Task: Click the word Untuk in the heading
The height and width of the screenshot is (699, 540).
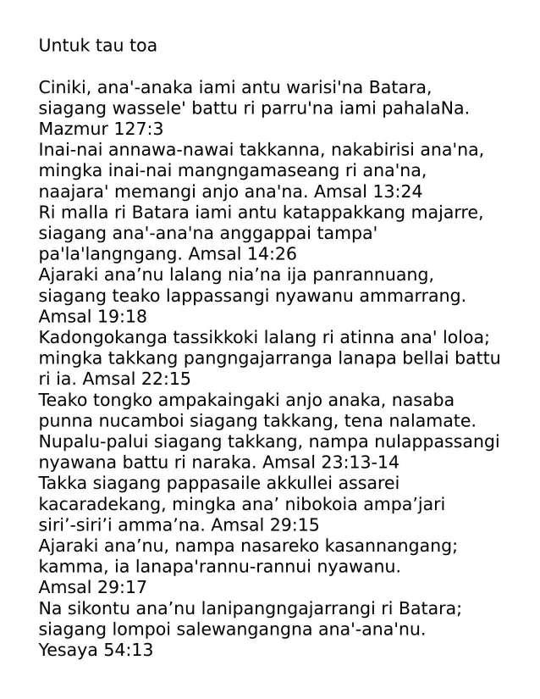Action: point(61,46)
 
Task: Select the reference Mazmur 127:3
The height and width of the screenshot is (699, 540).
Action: point(101,129)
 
